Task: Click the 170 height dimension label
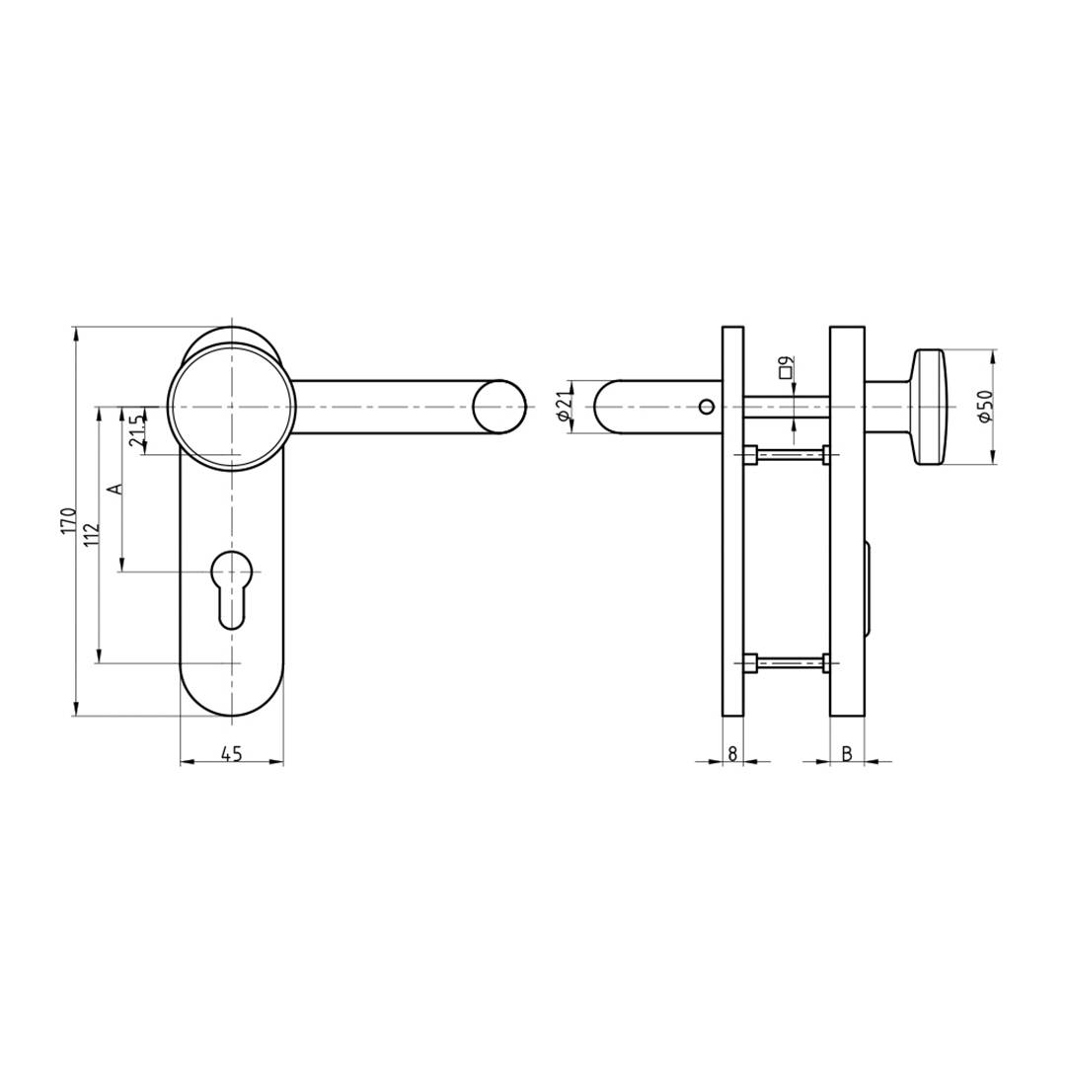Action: (x=68, y=520)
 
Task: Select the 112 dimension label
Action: (x=92, y=534)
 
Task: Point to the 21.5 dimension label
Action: (x=137, y=430)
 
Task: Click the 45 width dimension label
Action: (x=231, y=754)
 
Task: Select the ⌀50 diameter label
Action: (x=984, y=407)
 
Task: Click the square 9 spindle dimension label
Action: (x=786, y=368)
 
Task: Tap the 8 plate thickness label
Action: (x=731, y=754)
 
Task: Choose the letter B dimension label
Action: (x=847, y=754)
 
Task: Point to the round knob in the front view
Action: (x=231, y=407)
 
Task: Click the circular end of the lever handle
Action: (x=498, y=407)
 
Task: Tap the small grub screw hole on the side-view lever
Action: (x=705, y=407)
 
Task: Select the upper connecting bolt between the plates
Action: (x=787, y=455)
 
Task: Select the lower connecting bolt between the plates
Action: (x=787, y=663)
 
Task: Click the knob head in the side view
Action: (x=931, y=407)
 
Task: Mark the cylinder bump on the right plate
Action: (x=869, y=590)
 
